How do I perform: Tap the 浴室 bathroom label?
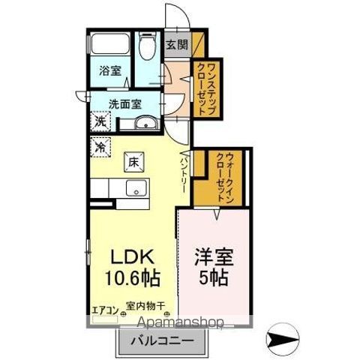coord(111,71)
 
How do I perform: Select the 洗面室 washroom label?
coord(124,105)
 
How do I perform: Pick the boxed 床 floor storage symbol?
coord(133,161)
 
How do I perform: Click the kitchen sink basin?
coord(136,187)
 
